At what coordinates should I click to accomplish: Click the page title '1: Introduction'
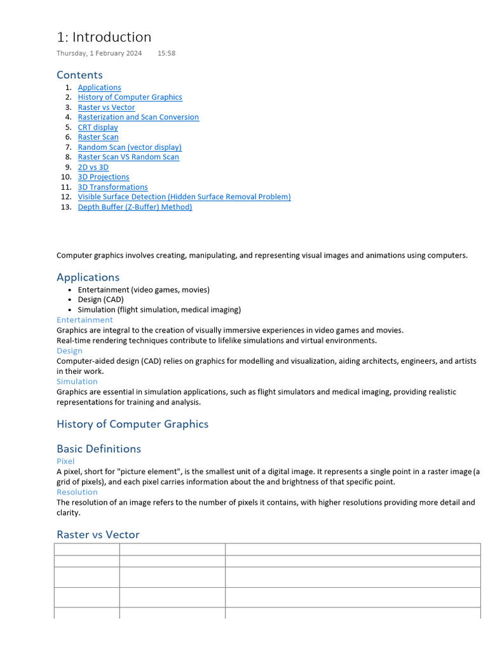tap(104, 37)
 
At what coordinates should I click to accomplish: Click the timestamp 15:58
tap(166, 53)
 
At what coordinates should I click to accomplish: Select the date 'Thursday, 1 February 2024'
tap(99, 53)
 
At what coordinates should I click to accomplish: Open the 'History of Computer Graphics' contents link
tap(130, 97)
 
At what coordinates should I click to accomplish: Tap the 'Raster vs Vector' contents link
tap(106, 107)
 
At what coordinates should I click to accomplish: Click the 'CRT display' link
tap(98, 127)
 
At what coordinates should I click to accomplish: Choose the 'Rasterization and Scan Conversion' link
tap(138, 117)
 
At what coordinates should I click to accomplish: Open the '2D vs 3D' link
tap(93, 167)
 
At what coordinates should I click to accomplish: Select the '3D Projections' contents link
tap(104, 177)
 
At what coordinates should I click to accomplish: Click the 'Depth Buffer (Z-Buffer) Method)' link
tap(135, 207)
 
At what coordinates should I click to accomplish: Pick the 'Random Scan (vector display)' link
tap(130, 147)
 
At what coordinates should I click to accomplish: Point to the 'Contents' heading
tap(79, 75)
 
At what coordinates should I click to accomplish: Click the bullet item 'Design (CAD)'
tap(100, 300)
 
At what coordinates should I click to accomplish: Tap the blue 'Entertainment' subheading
tap(85, 320)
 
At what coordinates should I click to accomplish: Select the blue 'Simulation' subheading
tap(77, 381)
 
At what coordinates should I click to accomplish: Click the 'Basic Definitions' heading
tap(98, 449)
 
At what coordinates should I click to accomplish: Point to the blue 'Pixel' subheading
tap(65, 461)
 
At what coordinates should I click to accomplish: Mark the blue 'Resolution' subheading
tap(77, 492)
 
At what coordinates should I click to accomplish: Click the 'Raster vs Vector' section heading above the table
tap(98, 534)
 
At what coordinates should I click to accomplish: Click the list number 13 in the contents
tap(66, 207)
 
